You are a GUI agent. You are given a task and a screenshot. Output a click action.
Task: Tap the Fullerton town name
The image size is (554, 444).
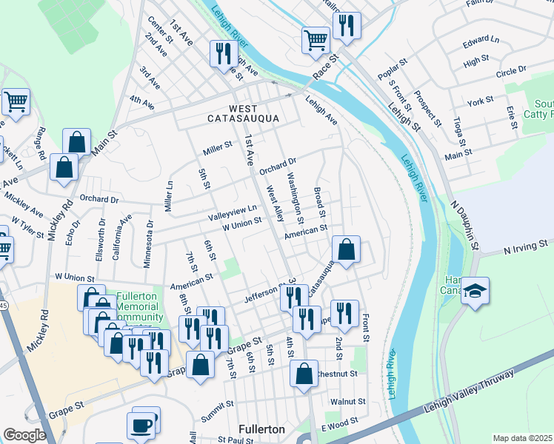click(x=262, y=429)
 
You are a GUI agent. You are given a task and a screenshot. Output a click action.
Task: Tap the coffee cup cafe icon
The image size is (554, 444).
click(x=141, y=425)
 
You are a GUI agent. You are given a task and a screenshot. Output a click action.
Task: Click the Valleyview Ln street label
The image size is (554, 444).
click(x=232, y=210)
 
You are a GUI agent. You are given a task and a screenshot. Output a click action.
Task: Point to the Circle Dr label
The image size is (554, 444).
click(x=511, y=71)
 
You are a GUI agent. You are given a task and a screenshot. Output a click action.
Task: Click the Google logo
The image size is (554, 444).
click(x=24, y=435)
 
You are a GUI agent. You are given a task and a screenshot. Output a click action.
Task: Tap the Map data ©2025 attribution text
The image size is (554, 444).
click(x=522, y=438)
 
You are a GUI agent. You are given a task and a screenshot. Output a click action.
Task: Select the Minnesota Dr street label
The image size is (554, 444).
click(x=150, y=232)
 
